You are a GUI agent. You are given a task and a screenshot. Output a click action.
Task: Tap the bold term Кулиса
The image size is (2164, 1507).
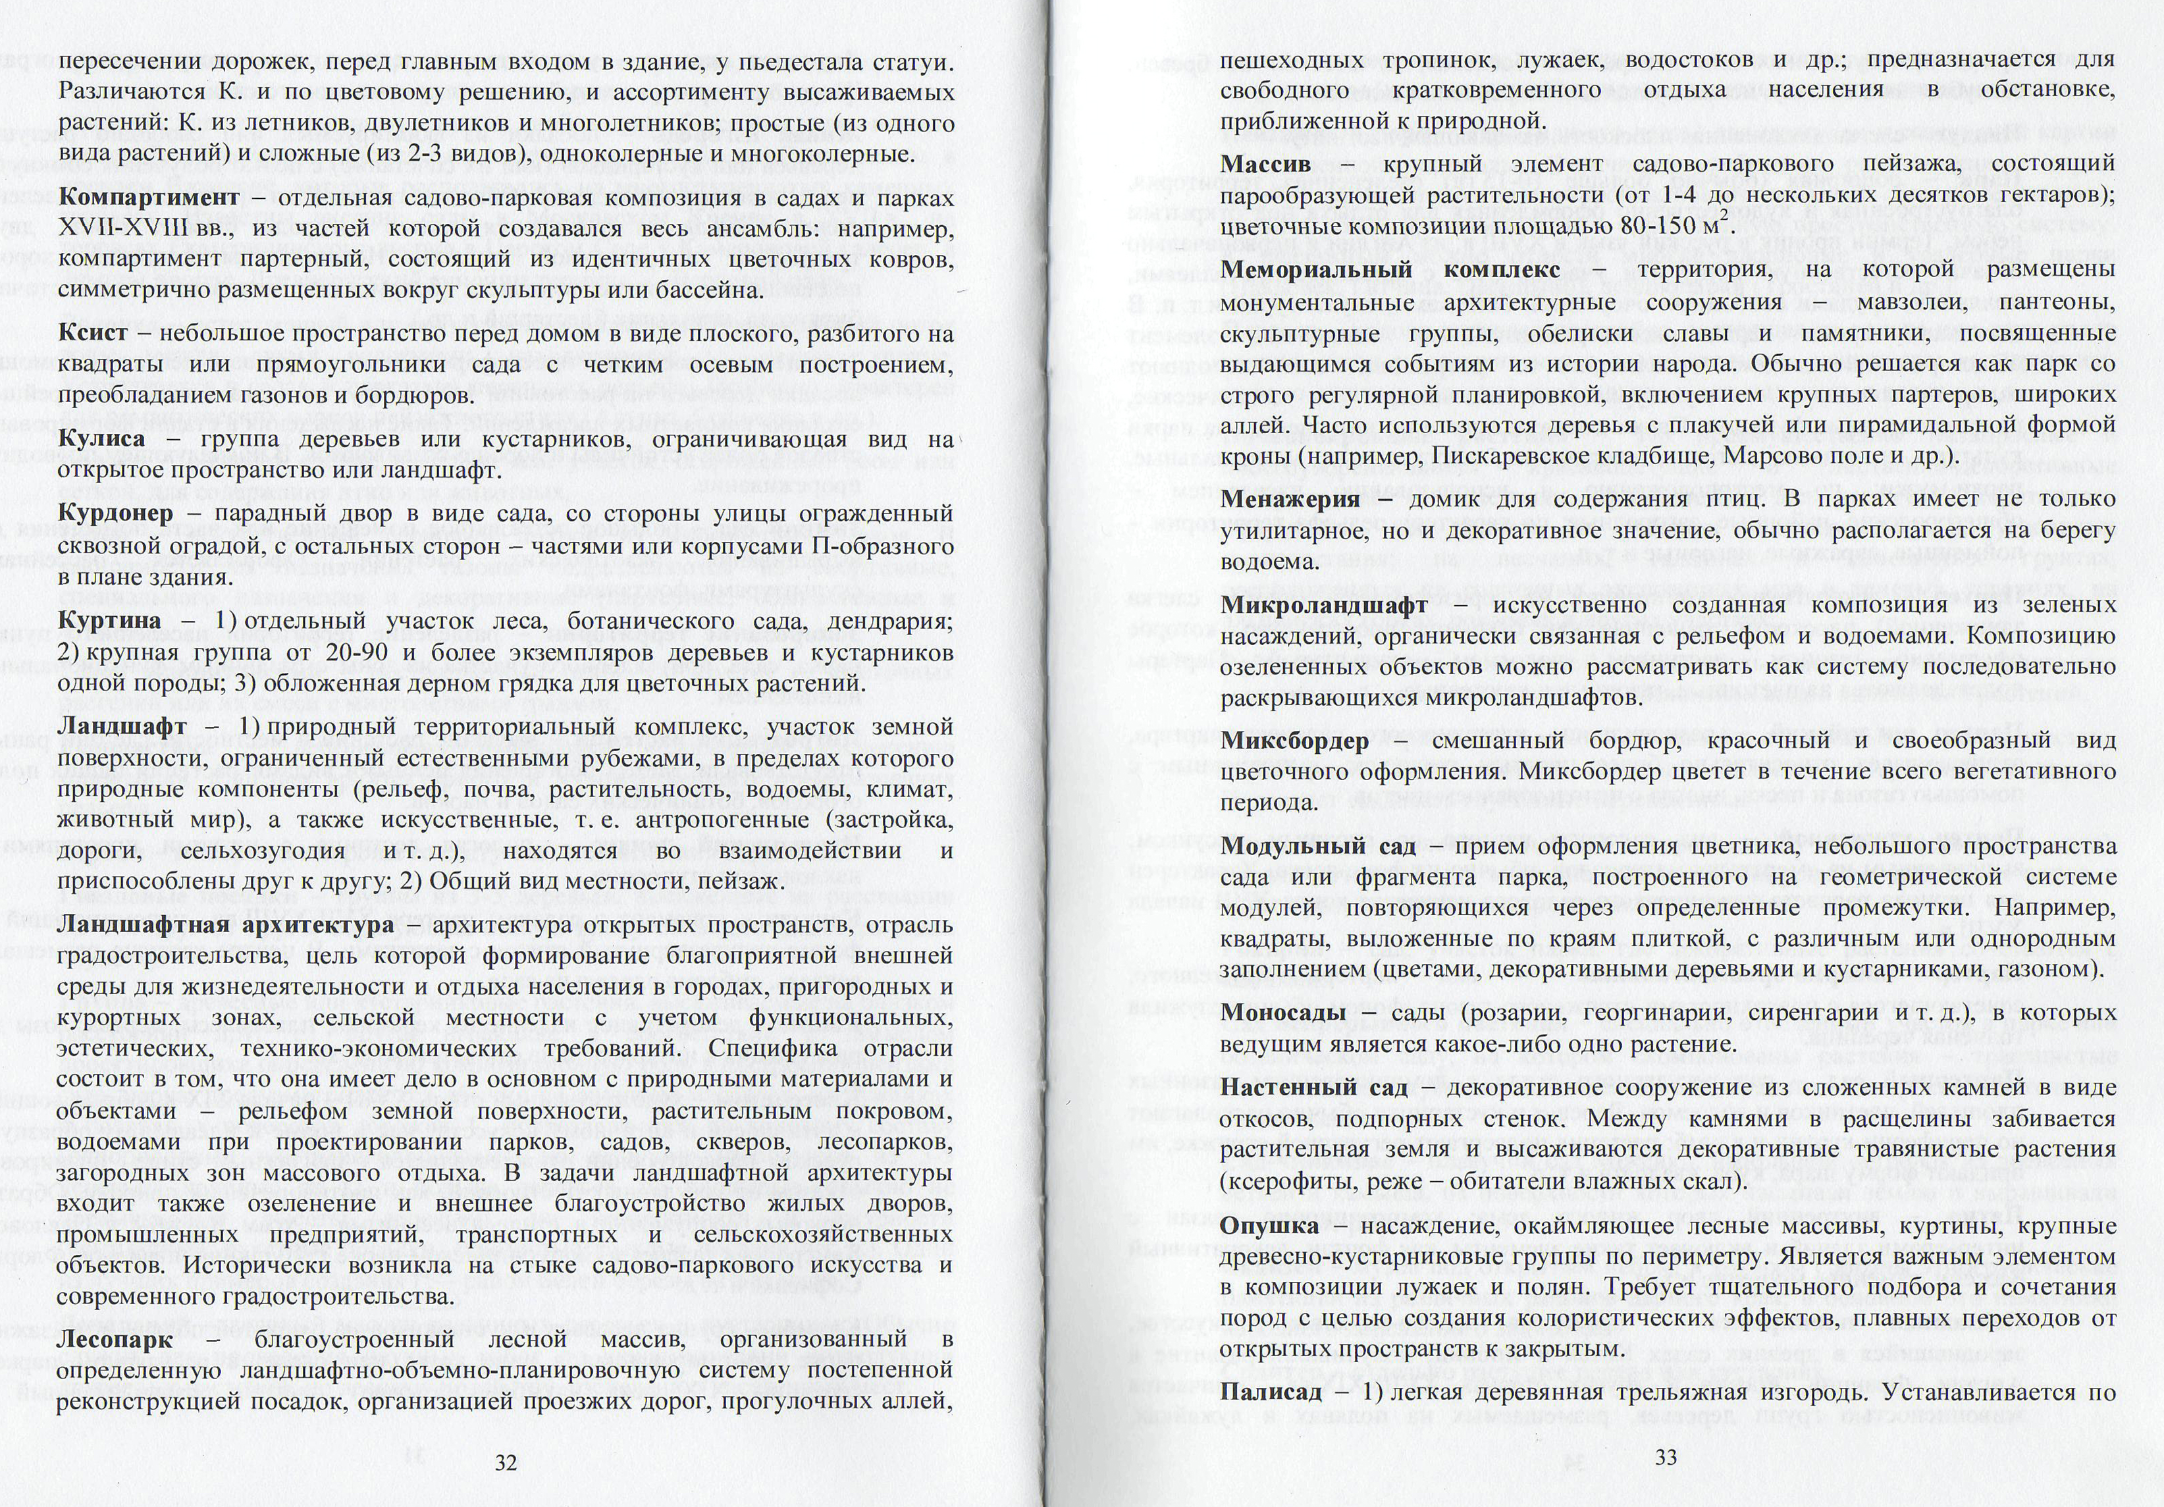[x=102, y=439]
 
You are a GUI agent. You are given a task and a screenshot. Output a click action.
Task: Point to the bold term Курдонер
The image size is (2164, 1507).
[x=115, y=514]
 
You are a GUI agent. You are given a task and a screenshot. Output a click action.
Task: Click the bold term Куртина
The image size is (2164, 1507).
[x=109, y=621]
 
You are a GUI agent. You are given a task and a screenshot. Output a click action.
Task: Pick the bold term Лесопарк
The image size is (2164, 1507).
[x=115, y=1340]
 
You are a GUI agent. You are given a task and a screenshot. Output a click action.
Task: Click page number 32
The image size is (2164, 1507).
[x=506, y=1462]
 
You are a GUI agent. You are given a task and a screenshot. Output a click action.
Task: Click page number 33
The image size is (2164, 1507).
[x=1666, y=1457]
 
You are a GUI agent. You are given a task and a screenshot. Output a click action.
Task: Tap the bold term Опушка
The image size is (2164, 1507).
[x=1269, y=1226]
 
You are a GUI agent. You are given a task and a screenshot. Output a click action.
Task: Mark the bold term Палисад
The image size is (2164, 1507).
[x=1271, y=1392]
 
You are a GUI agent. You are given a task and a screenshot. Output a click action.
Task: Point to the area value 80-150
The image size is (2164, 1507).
[x=1666, y=227]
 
